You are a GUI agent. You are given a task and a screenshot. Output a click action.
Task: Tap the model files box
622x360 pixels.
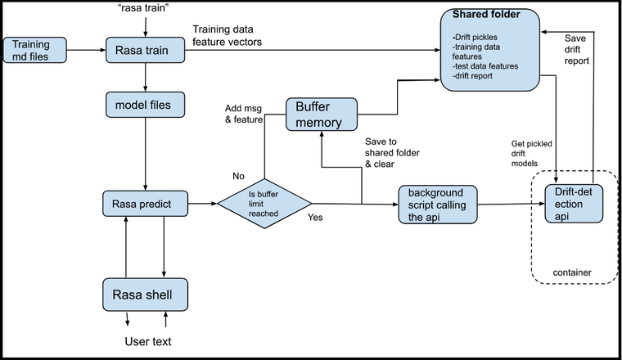pos(144,105)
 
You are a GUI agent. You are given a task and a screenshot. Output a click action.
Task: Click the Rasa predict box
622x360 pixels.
pos(145,203)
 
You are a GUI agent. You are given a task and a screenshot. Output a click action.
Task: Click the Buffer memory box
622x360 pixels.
pos(322,115)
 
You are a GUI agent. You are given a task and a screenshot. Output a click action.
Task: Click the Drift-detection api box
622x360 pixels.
pos(574,202)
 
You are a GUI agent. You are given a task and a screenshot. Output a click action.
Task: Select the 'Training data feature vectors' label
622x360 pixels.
pos(228,36)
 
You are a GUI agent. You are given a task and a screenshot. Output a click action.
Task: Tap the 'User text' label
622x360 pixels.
pos(148,341)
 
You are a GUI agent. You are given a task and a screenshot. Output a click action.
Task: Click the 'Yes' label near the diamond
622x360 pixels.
pos(314,218)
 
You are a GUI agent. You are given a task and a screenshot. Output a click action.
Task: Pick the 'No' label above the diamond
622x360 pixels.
pos(239,175)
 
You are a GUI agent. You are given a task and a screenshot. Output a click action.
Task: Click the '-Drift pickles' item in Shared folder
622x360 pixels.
pos(474,38)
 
